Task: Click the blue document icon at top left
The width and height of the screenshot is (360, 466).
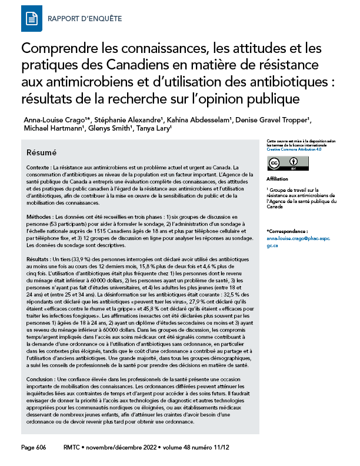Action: [31, 19]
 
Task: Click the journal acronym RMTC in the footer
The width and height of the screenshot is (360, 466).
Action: [73, 448]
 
